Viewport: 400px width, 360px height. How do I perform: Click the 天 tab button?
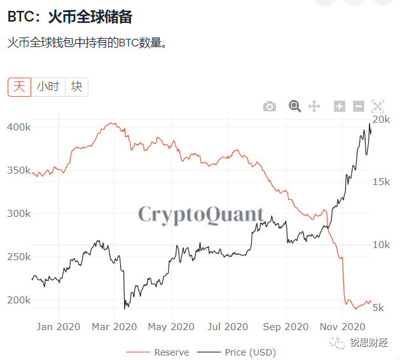(x=19, y=87)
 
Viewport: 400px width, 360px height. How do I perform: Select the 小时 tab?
(x=48, y=87)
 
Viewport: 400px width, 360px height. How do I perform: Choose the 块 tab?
(x=76, y=87)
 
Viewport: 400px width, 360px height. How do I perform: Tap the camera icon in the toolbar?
(x=270, y=106)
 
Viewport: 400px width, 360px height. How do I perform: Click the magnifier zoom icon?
(x=294, y=106)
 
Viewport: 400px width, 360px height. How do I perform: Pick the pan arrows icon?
(x=314, y=106)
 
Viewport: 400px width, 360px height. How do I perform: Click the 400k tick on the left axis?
(x=18, y=127)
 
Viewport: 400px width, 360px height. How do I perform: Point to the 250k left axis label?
(x=18, y=257)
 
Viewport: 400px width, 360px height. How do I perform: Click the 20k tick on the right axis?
(x=381, y=120)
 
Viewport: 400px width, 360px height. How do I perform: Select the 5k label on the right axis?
(x=378, y=308)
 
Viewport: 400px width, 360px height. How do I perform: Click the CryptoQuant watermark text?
(x=201, y=214)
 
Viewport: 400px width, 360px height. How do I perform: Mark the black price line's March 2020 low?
(x=125, y=308)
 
